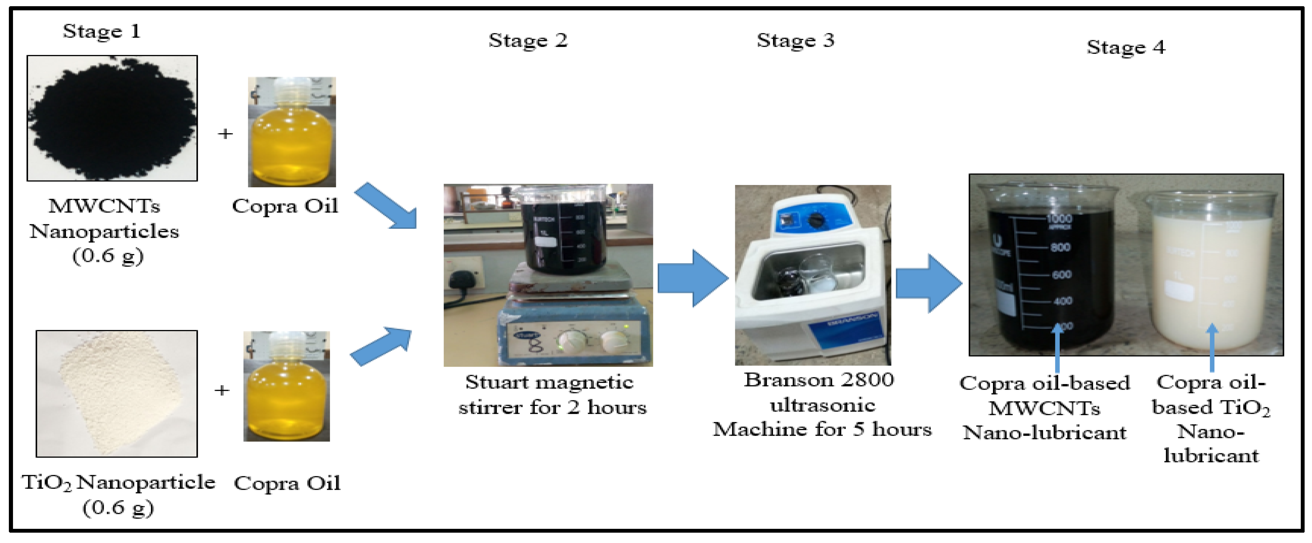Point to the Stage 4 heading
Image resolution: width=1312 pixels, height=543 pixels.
1126,47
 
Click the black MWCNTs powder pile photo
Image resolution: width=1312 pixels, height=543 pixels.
112,118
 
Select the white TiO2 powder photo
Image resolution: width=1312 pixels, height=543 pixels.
117,393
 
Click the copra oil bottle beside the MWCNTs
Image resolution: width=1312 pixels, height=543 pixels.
292,132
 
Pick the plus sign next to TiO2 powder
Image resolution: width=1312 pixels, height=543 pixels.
222,391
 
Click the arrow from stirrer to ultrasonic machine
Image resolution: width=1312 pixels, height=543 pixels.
693,278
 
